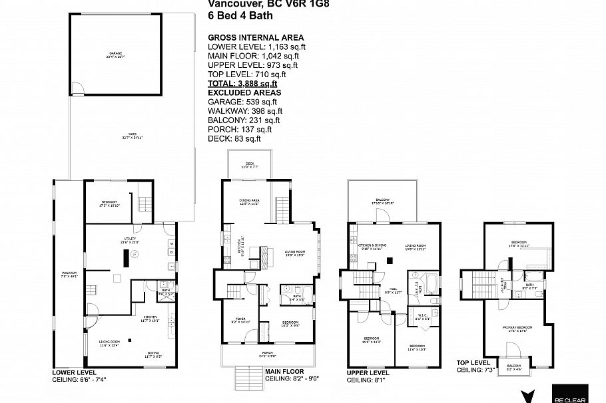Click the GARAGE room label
[116, 53]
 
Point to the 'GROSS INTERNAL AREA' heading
[256, 37]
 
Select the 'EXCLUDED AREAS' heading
[244, 92]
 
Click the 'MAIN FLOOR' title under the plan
[284, 371]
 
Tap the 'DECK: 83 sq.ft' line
[234, 138]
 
